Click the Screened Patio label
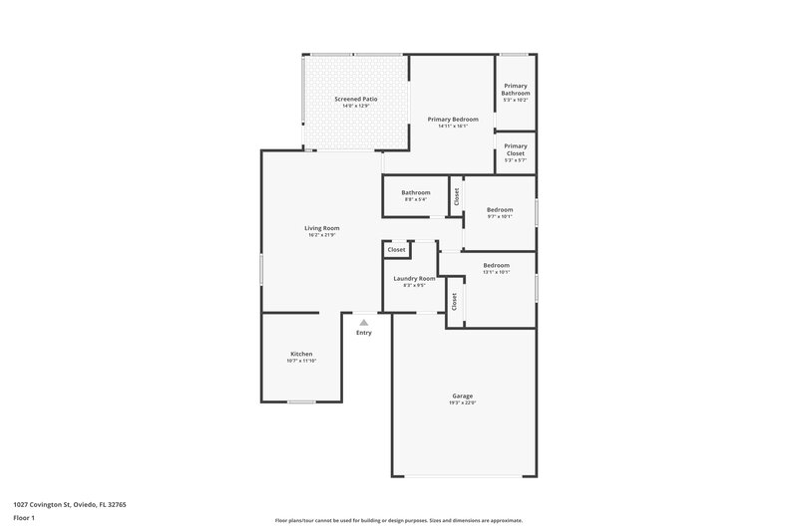click(355, 100)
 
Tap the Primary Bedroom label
click(452, 119)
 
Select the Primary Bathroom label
click(516, 90)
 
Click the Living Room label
click(321, 228)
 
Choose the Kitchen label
click(301, 354)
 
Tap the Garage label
click(462, 396)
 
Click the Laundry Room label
click(414, 278)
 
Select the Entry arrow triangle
click(364, 322)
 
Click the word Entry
click(364, 332)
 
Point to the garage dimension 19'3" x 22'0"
click(462, 402)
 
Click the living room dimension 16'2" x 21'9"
click(321, 235)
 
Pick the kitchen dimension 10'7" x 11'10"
click(301, 361)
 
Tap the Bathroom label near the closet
click(416, 192)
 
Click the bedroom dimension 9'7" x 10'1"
click(500, 216)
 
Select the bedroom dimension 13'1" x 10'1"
click(497, 272)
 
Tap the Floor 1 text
click(25, 519)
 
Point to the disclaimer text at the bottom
click(398, 520)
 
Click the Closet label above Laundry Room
click(397, 249)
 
